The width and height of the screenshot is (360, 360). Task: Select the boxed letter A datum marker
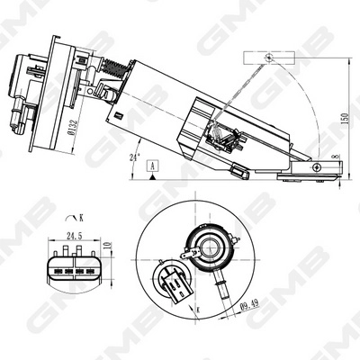click(x=154, y=166)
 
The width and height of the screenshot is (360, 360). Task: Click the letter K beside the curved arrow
click(x=82, y=218)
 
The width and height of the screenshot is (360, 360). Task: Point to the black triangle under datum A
click(x=154, y=178)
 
